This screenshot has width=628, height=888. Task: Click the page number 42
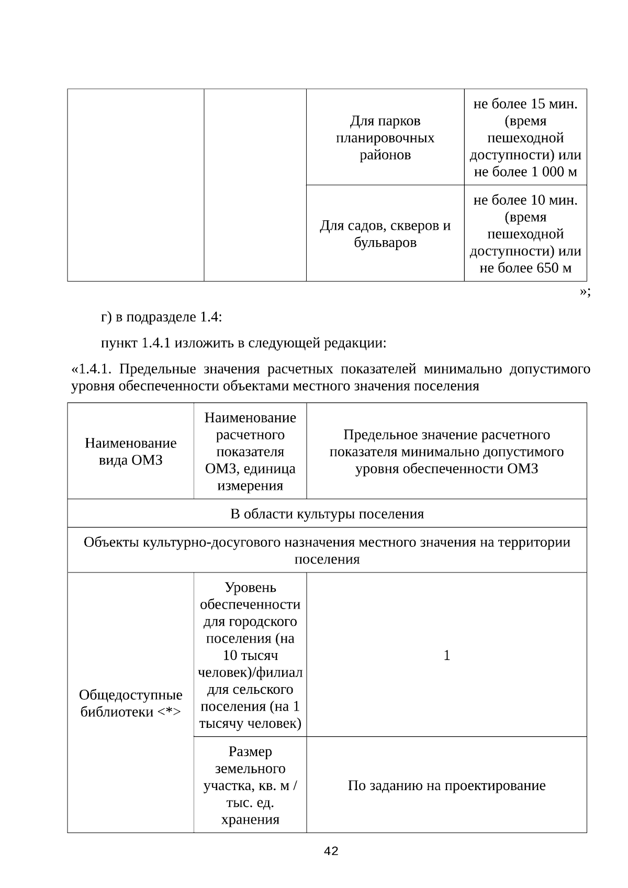coord(331,851)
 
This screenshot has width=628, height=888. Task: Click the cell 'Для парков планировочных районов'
coord(385,138)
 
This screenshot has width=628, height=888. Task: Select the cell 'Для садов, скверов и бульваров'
coord(385,234)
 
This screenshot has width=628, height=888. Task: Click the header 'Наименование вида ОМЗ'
coord(130,451)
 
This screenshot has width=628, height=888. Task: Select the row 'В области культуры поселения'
coord(327,514)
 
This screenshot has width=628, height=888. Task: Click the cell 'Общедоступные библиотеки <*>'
coord(130,703)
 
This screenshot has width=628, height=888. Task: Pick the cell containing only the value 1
coord(446,655)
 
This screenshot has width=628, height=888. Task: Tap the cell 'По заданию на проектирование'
coord(446,785)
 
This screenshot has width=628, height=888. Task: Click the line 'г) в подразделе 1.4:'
coord(161,317)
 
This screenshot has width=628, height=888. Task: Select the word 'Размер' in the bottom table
coord(250,751)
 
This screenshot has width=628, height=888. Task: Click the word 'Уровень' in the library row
coord(250,588)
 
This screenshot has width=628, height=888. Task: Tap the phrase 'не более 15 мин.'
coord(525,104)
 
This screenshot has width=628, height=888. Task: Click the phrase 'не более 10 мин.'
coord(525,200)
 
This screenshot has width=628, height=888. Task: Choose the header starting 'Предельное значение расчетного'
coord(446,435)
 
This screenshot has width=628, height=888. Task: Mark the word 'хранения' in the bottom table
coord(250,819)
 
